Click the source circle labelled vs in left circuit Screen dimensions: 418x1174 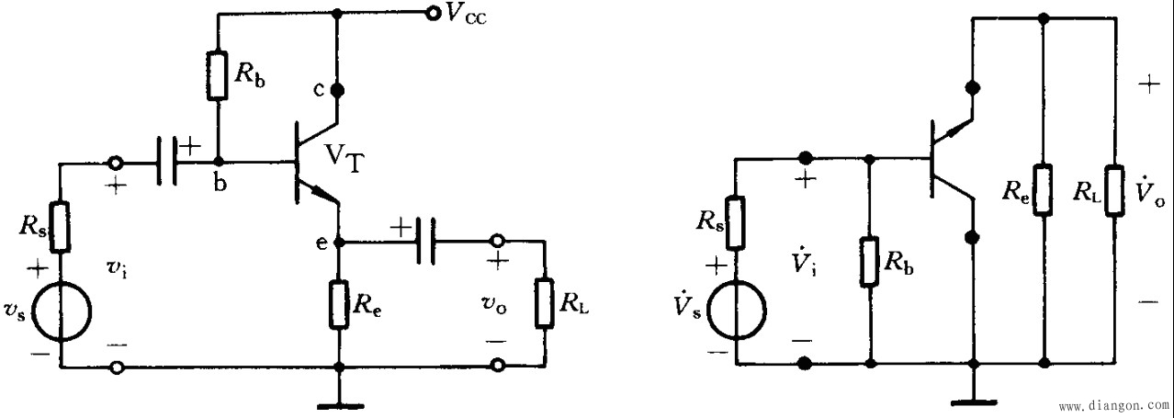coord(62,311)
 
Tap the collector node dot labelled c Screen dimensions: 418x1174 coord(338,90)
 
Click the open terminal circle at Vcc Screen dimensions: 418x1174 coord(432,14)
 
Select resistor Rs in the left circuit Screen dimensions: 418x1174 coord(61,227)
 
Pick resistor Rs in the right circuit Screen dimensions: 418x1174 coord(737,223)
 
